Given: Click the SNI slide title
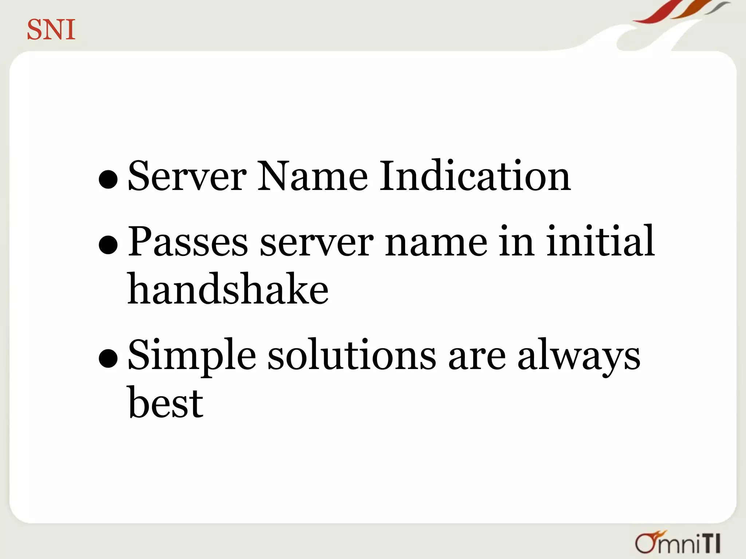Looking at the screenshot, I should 51,30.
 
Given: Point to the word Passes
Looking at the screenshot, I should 188,242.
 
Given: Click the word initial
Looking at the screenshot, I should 600,242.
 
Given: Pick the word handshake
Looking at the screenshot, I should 228,290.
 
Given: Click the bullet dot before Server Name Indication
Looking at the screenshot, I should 108,179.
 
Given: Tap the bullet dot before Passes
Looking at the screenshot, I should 108,245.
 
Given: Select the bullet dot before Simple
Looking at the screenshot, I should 108,358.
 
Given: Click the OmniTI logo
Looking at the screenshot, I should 678,543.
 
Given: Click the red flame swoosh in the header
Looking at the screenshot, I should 656,13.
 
